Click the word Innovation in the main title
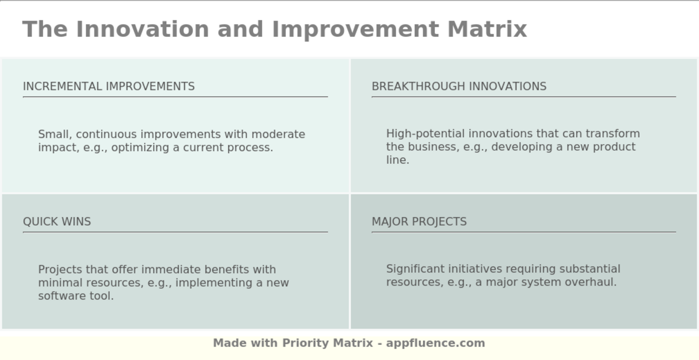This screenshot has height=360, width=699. tap(142, 29)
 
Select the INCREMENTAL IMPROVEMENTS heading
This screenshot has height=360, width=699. tap(109, 86)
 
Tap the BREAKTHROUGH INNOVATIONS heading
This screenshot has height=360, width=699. tap(459, 86)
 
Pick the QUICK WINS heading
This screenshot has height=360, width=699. tap(57, 222)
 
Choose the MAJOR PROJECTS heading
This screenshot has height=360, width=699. tap(419, 222)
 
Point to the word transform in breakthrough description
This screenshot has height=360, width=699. tap(613, 134)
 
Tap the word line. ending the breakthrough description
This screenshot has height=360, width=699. tap(397, 160)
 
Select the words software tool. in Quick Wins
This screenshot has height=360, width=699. tap(76, 296)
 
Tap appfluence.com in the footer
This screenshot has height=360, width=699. tap(435, 343)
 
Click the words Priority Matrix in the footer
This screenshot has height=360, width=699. tap(328, 343)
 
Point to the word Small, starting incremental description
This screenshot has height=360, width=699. tap(55, 135)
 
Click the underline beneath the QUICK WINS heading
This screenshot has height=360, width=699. tap(175, 232)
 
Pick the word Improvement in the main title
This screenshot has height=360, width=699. tap(355, 29)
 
